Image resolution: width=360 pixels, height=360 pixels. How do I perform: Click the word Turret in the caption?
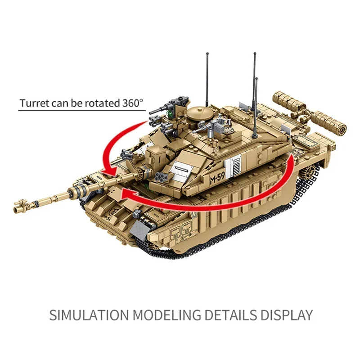[x=34, y=103]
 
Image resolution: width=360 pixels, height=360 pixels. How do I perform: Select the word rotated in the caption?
[x=103, y=103]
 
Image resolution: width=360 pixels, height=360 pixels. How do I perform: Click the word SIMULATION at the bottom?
[x=89, y=315]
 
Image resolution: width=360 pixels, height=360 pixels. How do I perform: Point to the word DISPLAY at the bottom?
[x=287, y=315]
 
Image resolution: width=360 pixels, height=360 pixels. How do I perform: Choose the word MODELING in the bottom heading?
[x=166, y=315]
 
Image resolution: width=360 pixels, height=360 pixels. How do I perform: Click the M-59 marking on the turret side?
[x=217, y=178]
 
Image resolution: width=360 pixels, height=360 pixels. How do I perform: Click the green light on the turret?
[x=170, y=114]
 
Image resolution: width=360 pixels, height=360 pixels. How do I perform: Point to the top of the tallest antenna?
[x=255, y=54]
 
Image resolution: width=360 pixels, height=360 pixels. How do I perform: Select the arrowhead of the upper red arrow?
[x=110, y=172]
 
